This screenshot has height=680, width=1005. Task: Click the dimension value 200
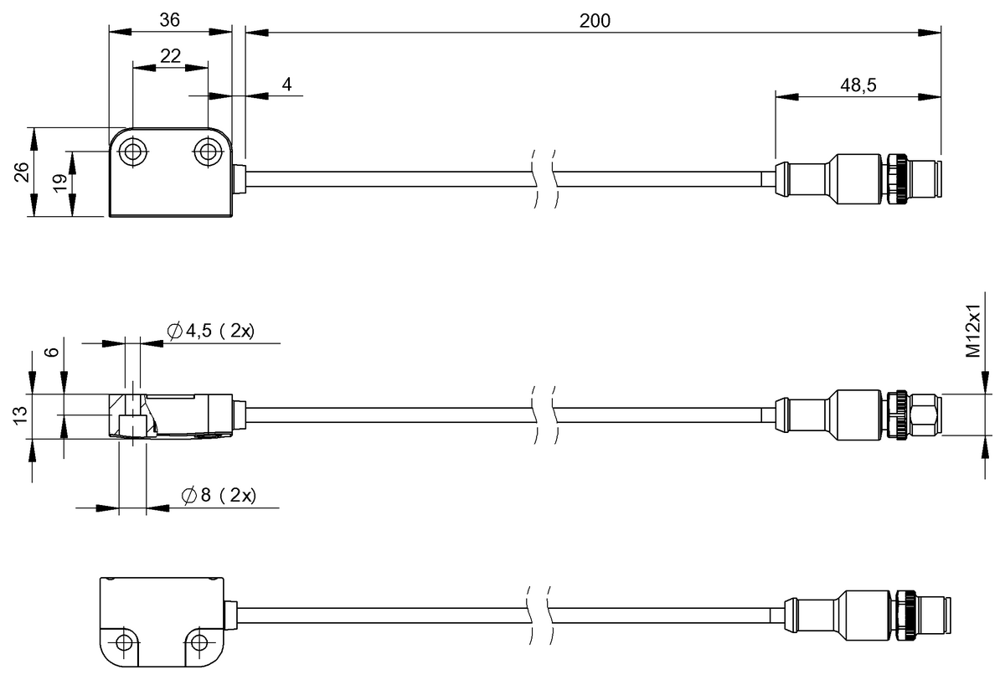click(x=595, y=21)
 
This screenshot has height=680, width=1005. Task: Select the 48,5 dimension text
click(x=858, y=84)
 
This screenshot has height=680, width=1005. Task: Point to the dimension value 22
click(x=170, y=55)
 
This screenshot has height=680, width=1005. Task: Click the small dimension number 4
click(x=286, y=85)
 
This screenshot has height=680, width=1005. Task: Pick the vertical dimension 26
click(x=23, y=172)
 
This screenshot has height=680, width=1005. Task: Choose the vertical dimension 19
click(x=59, y=184)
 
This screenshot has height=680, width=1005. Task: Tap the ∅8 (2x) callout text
click(x=219, y=496)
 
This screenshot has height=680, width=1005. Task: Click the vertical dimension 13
click(x=23, y=415)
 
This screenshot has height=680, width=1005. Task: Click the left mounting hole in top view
click(x=131, y=152)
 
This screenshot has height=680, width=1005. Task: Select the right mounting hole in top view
click(x=206, y=152)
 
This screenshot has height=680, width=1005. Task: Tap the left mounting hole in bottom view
click(x=125, y=643)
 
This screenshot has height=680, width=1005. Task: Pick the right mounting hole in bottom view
click(x=198, y=643)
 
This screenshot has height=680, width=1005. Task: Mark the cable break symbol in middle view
click(x=544, y=413)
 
